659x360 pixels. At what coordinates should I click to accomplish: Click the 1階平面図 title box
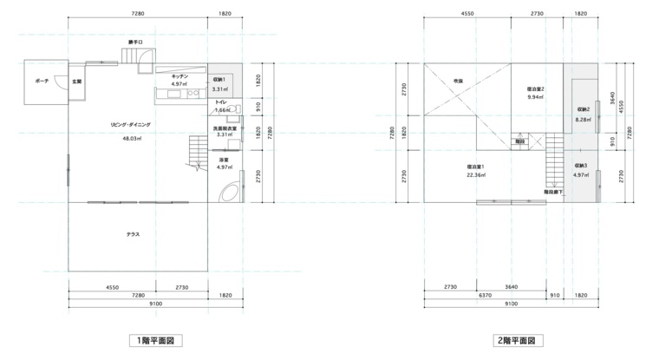[x=155, y=340]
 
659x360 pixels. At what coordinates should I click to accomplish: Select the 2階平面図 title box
[x=518, y=340]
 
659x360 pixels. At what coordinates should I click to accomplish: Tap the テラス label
[x=133, y=234]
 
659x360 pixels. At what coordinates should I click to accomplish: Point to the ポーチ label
[x=42, y=81]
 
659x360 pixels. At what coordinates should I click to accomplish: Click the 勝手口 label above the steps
[x=136, y=42]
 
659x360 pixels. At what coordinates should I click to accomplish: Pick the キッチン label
[x=179, y=76]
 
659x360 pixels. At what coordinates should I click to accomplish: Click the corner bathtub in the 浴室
[x=230, y=193]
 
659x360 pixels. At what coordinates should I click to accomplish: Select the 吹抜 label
[x=458, y=81]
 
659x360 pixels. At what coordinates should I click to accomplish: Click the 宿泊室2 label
[x=536, y=88]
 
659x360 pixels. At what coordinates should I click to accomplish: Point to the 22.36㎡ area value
[x=476, y=175]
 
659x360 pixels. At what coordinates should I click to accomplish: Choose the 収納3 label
[x=580, y=166]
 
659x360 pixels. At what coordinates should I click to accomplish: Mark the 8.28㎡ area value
[x=584, y=120]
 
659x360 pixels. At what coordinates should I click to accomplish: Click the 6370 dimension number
[x=485, y=295]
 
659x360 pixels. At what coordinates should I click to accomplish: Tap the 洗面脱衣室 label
[x=225, y=128]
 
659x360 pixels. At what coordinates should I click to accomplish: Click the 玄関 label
[x=76, y=82]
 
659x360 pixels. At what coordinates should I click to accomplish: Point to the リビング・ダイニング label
[x=130, y=125]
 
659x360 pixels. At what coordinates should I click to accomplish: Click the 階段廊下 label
[x=553, y=192]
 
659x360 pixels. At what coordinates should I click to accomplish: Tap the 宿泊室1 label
[x=476, y=167]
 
